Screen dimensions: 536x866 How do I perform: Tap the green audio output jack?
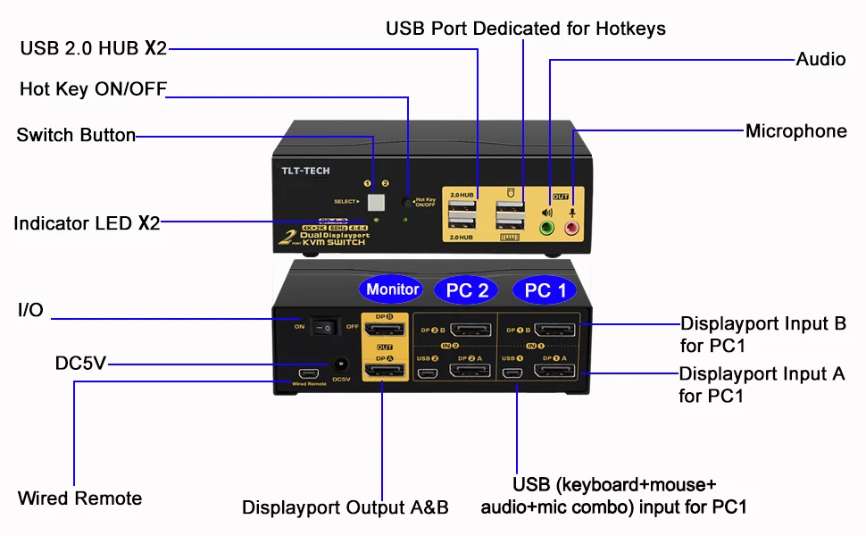pyautogui.click(x=548, y=228)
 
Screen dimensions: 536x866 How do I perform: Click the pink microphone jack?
pyautogui.click(x=572, y=228)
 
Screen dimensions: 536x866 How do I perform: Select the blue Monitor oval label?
pyautogui.click(x=393, y=289)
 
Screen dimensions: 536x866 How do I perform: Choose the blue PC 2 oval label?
pyautogui.click(x=467, y=290)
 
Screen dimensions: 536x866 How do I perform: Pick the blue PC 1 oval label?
pyautogui.click(x=545, y=290)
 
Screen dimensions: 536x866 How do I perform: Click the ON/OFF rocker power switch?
pyautogui.click(x=327, y=328)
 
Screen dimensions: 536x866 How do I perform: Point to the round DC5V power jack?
pyautogui.click(x=340, y=364)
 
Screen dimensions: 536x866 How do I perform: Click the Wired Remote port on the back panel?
pyautogui.click(x=310, y=372)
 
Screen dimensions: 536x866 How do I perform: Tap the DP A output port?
pyautogui.click(x=385, y=370)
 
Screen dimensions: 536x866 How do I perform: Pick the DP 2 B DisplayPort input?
pyautogui.click(x=470, y=331)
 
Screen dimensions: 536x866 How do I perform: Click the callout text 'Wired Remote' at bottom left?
pyautogui.click(x=80, y=498)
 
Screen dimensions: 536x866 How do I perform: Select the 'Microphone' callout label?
pyautogui.click(x=795, y=131)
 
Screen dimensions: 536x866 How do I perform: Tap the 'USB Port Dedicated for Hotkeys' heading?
pyautogui.click(x=526, y=29)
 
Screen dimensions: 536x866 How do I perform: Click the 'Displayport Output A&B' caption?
pyautogui.click(x=346, y=507)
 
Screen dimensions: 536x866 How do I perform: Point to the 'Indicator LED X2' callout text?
pyautogui.click(x=87, y=223)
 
